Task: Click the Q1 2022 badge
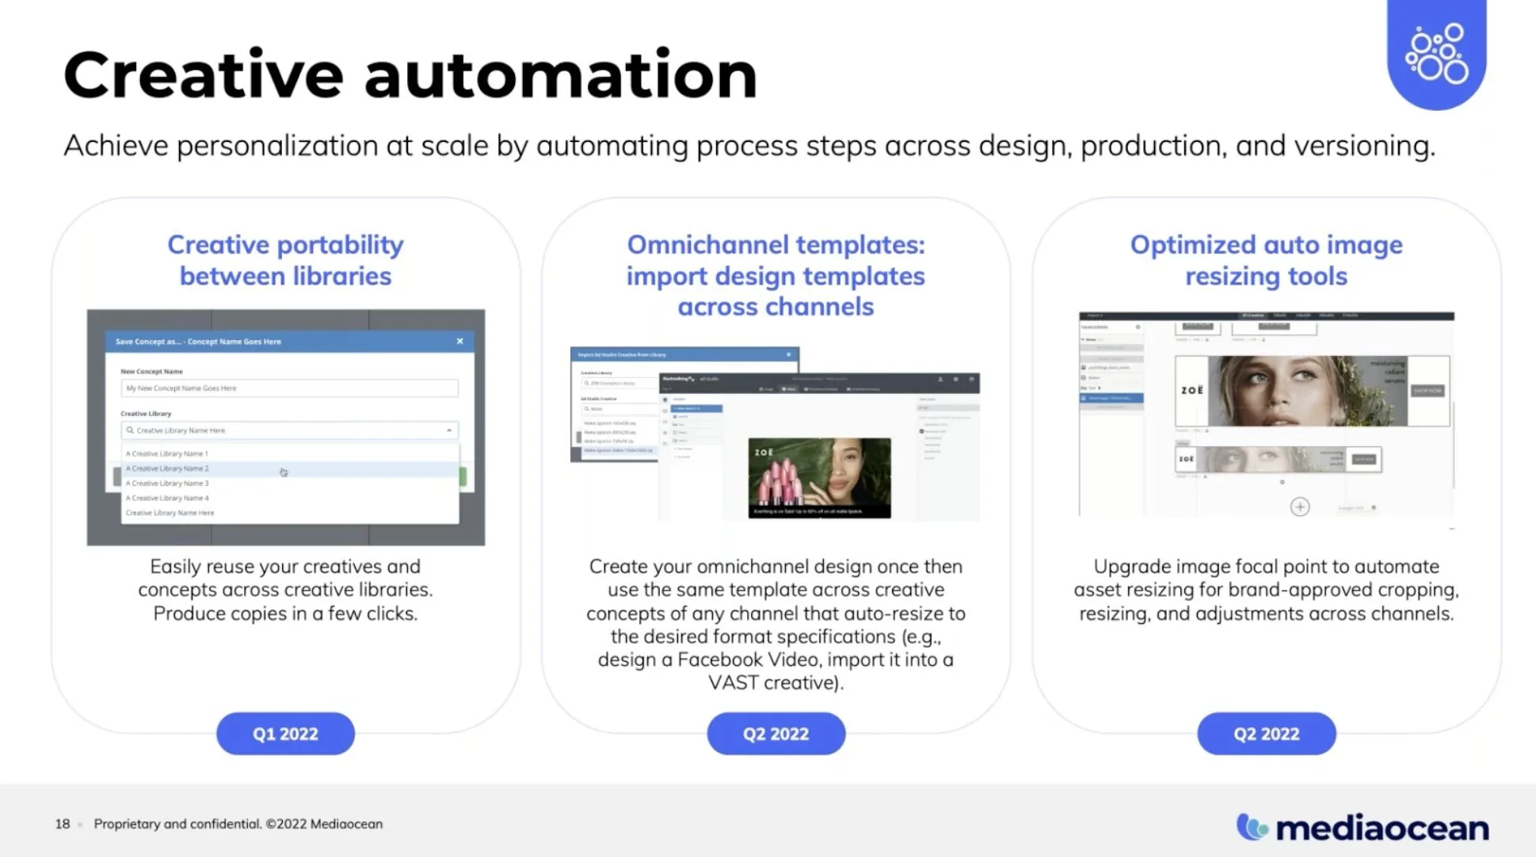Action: (285, 733)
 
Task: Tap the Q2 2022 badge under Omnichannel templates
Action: (776, 733)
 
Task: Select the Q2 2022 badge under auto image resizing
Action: (1266, 733)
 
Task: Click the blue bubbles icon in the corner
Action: (1436, 53)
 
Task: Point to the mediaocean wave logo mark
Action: (1252, 827)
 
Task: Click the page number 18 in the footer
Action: (63, 824)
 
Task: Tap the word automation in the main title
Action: (560, 75)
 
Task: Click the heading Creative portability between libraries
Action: (285, 260)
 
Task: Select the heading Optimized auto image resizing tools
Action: (1266, 260)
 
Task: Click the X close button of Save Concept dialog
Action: (459, 341)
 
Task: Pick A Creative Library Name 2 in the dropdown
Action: (167, 469)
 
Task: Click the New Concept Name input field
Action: (289, 388)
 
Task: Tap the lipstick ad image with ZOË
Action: (819, 478)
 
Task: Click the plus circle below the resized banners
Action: (1300, 507)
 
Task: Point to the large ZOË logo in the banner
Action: (1191, 390)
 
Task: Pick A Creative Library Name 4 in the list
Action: (167, 498)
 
